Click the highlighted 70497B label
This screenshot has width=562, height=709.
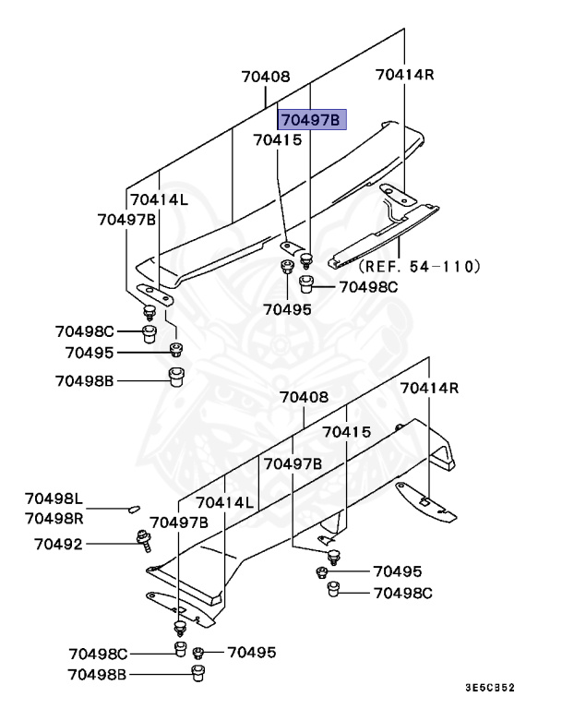click(x=311, y=120)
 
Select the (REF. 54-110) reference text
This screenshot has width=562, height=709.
click(x=420, y=266)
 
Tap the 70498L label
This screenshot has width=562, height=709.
click(x=54, y=499)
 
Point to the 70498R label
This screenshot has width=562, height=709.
click(x=54, y=518)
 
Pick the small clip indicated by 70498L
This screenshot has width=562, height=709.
click(x=132, y=507)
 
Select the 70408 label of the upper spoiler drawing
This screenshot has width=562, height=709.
click(x=266, y=78)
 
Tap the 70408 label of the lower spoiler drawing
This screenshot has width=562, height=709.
click(x=304, y=398)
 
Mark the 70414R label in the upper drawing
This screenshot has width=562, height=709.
click(x=404, y=74)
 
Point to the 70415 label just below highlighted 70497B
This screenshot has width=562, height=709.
click(x=278, y=140)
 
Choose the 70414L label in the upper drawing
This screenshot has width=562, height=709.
click(x=159, y=199)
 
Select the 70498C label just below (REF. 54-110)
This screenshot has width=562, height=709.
click(x=368, y=287)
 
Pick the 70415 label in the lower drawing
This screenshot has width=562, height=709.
click(x=346, y=432)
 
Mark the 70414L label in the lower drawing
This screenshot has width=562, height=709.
click(x=223, y=502)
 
